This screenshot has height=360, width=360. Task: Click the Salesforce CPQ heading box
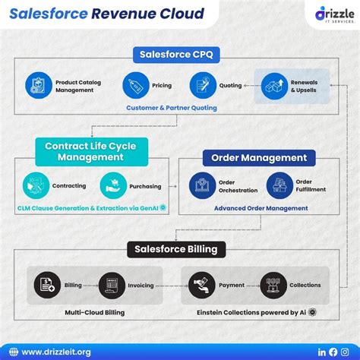179,55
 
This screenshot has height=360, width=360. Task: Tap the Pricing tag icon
136,85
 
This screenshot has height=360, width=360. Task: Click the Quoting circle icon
203,85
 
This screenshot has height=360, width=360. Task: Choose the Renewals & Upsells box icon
274,86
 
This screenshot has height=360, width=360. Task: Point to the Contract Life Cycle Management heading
84,151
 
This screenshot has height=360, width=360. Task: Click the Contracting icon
36,185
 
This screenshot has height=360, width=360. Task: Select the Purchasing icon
113,185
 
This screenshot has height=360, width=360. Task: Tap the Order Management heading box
258,158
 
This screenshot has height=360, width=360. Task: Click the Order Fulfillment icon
279,185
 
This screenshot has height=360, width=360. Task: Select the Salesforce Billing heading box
175,248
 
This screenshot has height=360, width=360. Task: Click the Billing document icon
47,285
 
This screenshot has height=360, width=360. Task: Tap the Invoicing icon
111,285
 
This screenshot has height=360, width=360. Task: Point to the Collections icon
273,285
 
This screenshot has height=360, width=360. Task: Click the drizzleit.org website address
56,352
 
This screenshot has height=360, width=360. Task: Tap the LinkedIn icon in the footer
322,352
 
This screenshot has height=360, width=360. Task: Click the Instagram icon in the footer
345,352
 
